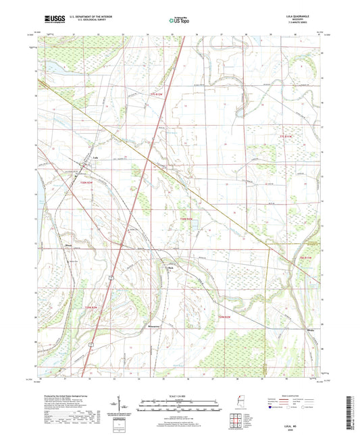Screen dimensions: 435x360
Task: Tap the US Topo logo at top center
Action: (x=179, y=21)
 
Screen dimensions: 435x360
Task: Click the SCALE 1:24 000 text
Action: (x=179, y=395)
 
